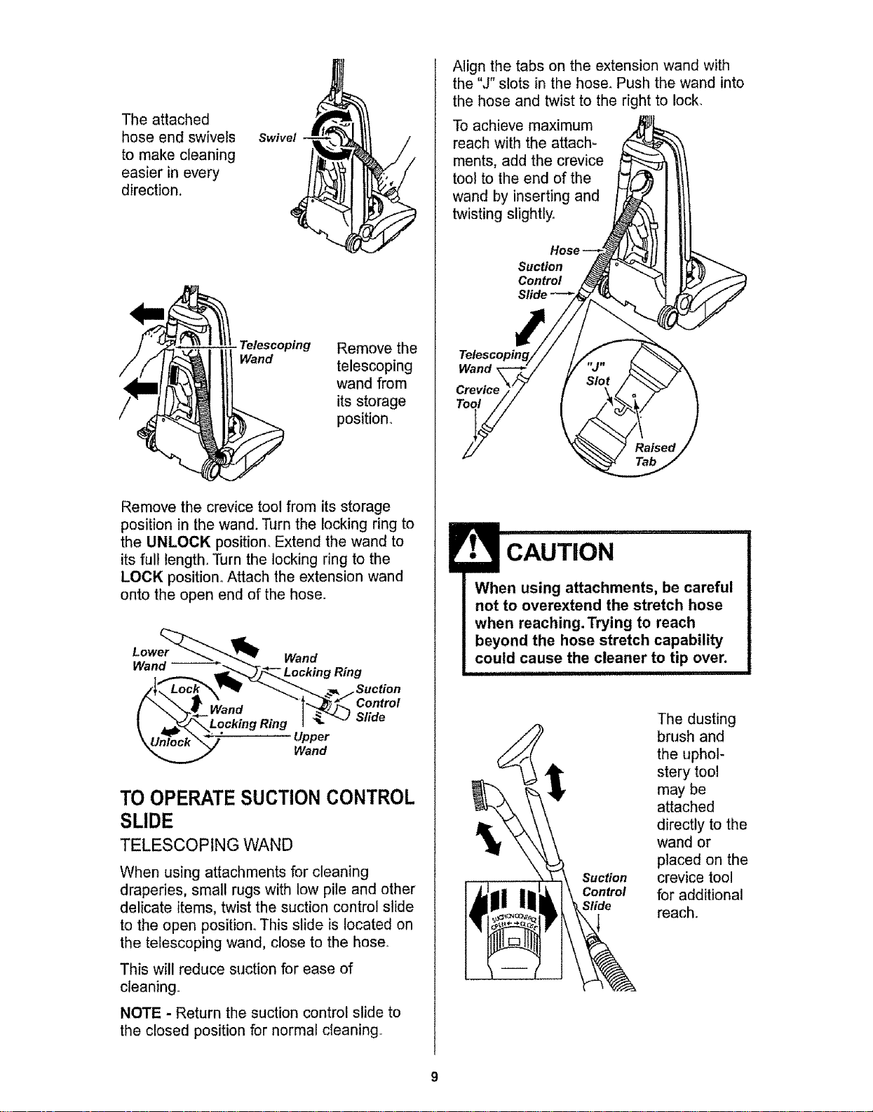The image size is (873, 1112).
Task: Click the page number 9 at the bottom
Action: click(x=434, y=1077)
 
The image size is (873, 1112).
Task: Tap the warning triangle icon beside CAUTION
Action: click(x=473, y=547)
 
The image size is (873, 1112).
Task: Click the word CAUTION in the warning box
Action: click(x=560, y=552)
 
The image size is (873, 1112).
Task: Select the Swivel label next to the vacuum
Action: click(x=277, y=138)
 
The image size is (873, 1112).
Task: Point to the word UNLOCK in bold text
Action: click(x=179, y=542)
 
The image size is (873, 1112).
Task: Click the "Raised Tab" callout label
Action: click(x=655, y=455)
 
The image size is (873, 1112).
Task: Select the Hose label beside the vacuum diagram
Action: click(x=564, y=250)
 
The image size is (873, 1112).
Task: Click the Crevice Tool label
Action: click(x=477, y=396)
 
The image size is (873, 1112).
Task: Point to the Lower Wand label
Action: click(x=150, y=659)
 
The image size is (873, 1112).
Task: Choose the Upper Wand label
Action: click(x=311, y=744)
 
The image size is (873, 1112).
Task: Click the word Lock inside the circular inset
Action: click(x=184, y=689)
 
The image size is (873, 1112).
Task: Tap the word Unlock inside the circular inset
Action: click(x=170, y=742)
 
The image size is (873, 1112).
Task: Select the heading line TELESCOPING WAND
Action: click(x=206, y=845)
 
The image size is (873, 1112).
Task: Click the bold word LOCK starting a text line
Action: click(x=142, y=577)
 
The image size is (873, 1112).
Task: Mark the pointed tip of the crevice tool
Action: click(x=463, y=459)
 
